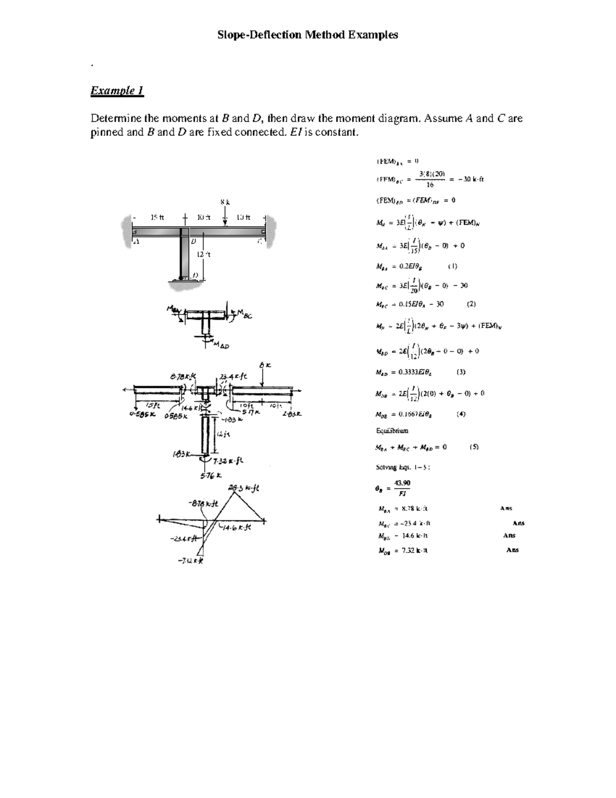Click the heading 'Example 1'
[x=117, y=91]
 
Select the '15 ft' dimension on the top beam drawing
[x=157, y=217]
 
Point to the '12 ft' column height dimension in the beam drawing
[x=204, y=254]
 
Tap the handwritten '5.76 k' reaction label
[x=210, y=475]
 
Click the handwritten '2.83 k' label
[x=291, y=414]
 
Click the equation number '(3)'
[x=461, y=372]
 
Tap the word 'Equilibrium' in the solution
[x=392, y=431]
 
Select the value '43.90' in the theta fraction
[x=402, y=482]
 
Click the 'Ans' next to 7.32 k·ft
[x=512, y=550]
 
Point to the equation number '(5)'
[x=474, y=447]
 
